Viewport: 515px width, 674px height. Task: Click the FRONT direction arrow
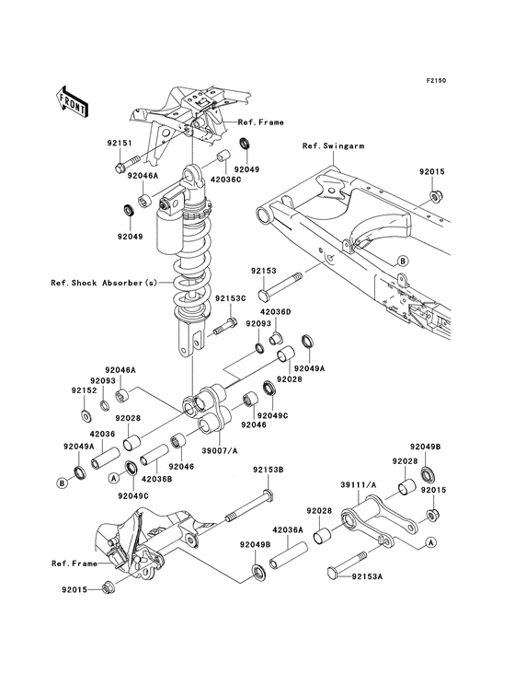point(72,102)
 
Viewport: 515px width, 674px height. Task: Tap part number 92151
point(120,143)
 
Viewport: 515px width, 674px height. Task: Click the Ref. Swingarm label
point(334,145)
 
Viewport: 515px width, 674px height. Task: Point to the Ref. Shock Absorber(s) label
point(104,283)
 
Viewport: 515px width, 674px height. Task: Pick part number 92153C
point(231,298)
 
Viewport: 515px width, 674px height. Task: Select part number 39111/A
point(359,485)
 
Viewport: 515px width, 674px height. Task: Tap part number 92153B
point(268,470)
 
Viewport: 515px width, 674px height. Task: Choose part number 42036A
point(288,530)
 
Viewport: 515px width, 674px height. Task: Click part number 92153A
point(367,576)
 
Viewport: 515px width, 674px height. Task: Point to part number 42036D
point(276,311)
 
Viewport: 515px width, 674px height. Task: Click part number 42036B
point(156,479)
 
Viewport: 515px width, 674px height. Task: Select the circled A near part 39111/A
point(431,542)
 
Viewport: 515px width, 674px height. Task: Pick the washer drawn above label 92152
point(85,415)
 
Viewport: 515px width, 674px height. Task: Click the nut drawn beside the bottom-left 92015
point(109,587)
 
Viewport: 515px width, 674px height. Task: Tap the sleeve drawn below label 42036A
point(290,554)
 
